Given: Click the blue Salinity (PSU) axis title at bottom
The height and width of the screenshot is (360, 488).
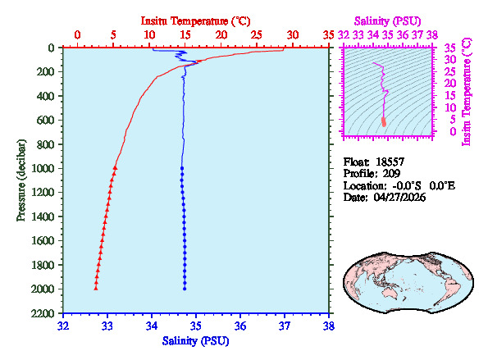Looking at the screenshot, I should click(195, 340).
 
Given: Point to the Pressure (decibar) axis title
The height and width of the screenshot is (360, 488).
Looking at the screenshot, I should click(20, 180).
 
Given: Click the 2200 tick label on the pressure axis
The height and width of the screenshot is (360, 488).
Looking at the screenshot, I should click(44, 313).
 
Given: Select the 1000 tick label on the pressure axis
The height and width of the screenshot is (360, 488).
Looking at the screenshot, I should click(44, 168).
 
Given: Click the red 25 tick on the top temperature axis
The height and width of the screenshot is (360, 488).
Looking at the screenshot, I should click(257, 35).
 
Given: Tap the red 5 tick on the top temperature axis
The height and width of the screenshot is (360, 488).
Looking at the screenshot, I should click(113, 35).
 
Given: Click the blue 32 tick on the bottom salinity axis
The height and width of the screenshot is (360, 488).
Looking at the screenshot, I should click(63, 326).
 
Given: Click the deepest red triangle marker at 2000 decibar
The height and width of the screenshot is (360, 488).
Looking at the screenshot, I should click(96, 288).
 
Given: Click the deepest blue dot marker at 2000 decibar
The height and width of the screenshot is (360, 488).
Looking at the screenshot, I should click(185, 288).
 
